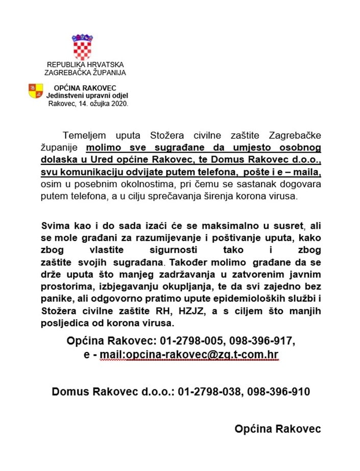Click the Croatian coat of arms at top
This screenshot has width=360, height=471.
82,47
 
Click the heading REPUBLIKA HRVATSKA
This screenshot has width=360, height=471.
85,65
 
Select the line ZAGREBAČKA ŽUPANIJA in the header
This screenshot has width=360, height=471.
85,72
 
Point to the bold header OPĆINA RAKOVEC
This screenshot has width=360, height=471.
85,88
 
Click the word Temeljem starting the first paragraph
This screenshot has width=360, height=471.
84,136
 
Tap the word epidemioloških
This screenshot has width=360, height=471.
251,299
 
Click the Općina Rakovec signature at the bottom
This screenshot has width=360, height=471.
278,429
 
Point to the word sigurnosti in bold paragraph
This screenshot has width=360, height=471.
177,250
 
